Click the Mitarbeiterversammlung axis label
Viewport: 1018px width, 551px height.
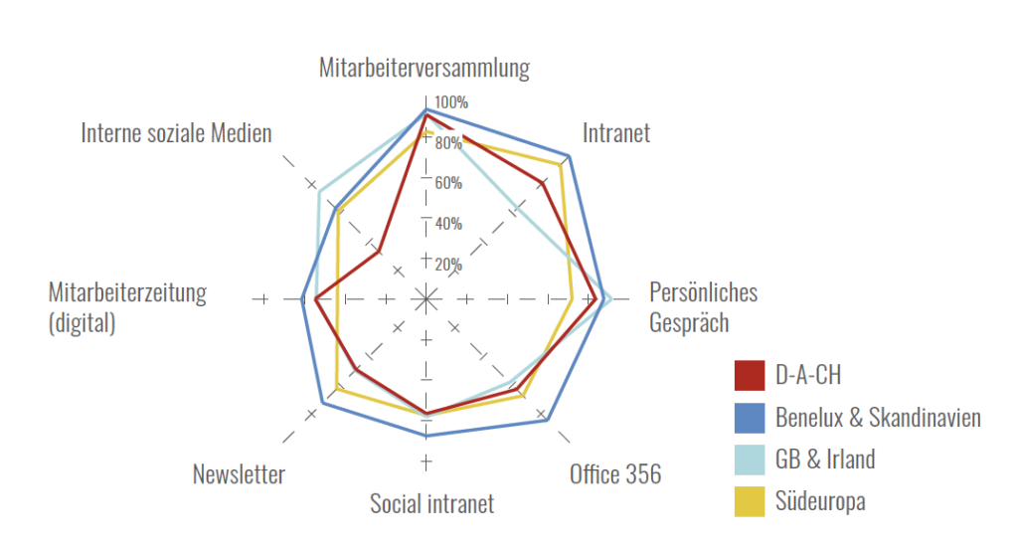tap(424, 68)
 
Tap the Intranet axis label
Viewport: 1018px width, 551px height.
tap(616, 133)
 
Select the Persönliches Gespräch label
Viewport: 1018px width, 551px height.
tap(703, 307)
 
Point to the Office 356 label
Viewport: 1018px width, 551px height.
tap(614, 474)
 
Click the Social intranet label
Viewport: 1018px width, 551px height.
tap(431, 504)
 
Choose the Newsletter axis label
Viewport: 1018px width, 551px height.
tap(239, 474)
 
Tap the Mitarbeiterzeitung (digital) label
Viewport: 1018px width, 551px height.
tap(127, 307)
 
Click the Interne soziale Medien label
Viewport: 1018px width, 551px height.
tap(176, 133)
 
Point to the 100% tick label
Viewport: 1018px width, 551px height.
tap(450, 102)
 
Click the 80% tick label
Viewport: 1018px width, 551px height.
tap(447, 143)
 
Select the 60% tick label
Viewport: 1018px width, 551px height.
tap(447, 183)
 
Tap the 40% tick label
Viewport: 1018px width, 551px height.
tap(447, 224)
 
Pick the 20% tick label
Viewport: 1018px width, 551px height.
tap(447, 264)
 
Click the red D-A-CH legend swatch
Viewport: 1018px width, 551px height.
tap(749, 375)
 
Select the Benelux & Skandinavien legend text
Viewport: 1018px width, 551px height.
tap(878, 417)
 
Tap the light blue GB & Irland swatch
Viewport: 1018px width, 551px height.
tap(749, 459)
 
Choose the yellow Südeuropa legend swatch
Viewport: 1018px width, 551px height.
tap(749, 501)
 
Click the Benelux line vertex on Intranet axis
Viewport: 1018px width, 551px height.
tap(568, 156)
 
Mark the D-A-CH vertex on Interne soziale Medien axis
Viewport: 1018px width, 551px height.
tap(379, 252)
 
